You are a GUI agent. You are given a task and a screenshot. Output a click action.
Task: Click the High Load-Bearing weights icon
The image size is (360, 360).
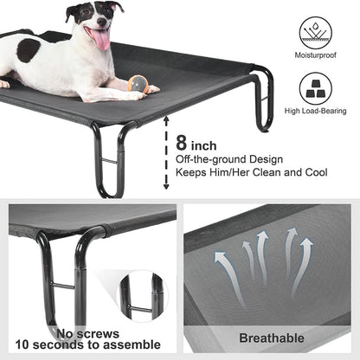click(315, 87)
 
